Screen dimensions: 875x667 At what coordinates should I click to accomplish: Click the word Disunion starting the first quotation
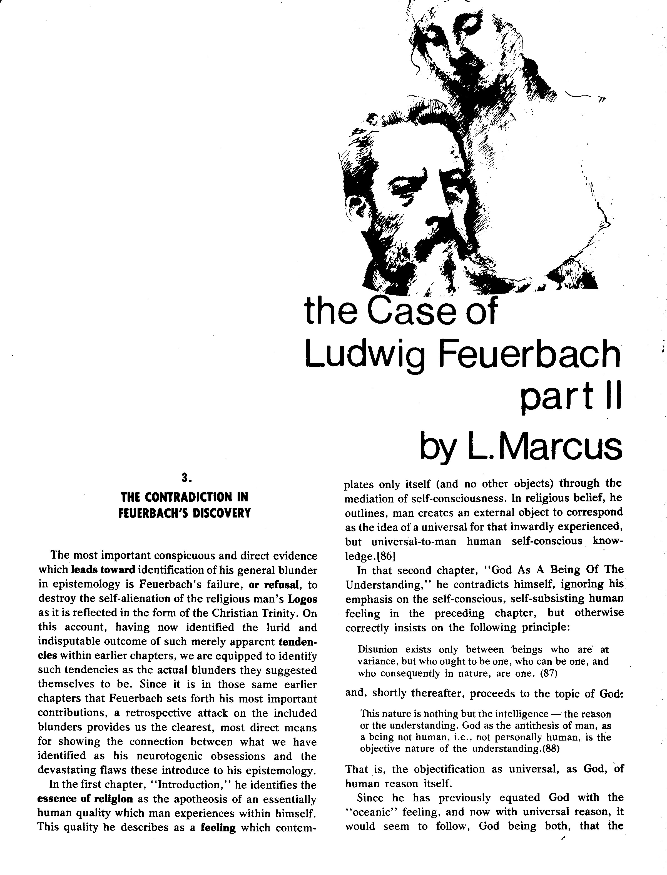point(378,650)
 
